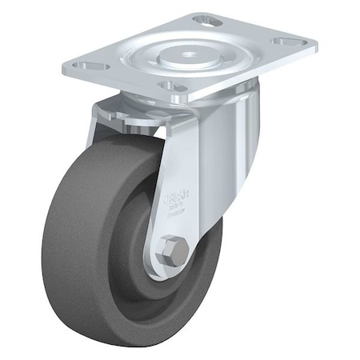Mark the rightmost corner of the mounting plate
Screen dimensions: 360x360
pyautogui.click(x=314, y=46)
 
